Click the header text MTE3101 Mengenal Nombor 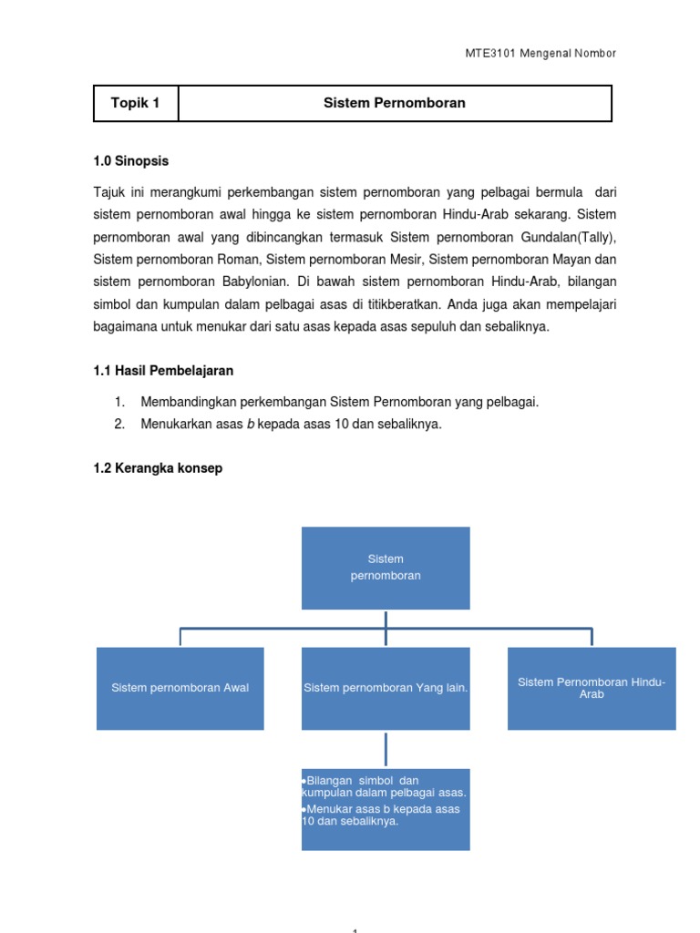540,54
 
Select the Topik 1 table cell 136,103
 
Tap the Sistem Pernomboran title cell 394,103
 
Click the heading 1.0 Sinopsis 131,161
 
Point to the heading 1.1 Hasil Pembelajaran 163,371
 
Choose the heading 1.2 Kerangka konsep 158,468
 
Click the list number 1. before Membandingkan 119,402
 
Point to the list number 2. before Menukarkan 119,424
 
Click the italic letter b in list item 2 251,424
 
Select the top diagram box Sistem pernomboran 386,568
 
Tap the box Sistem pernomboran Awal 180,688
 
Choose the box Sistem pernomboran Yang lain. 386,688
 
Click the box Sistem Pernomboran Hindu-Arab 592,688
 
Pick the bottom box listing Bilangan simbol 386,809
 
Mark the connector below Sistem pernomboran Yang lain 386,749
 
